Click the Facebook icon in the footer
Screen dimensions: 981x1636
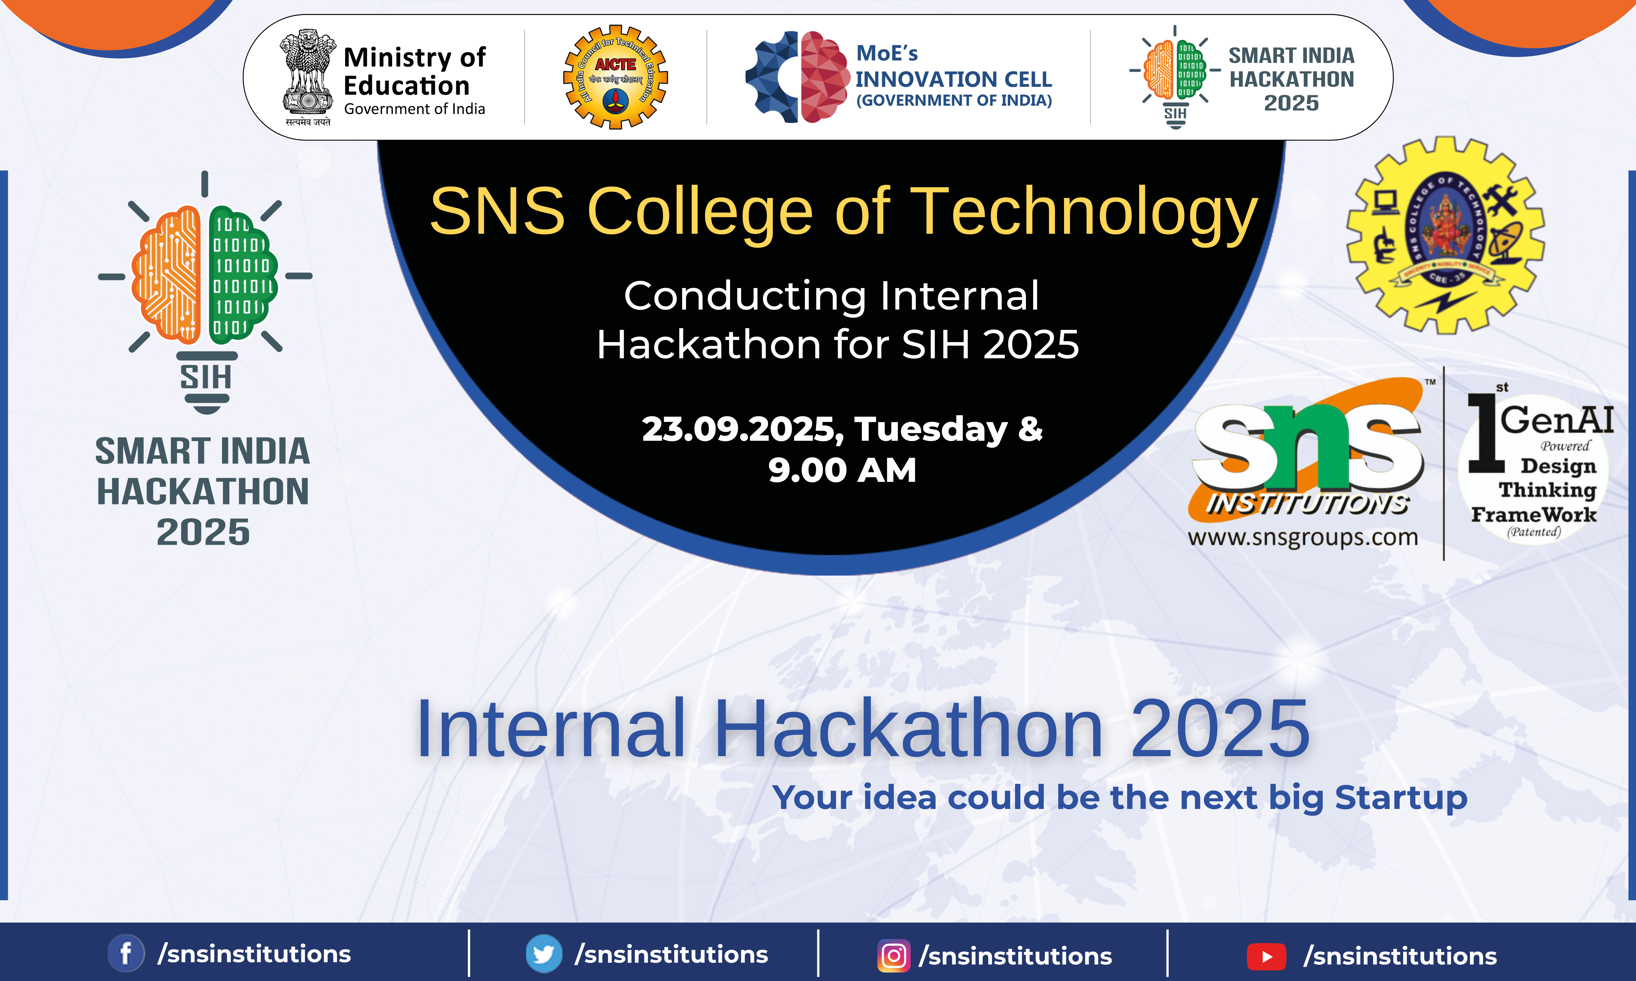pyautogui.click(x=126, y=953)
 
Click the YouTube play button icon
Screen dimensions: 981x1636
pyautogui.click(x=1266, y=956)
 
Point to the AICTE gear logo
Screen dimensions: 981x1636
pyautogui.click(x=615, y=77)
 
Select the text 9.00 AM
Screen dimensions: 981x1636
pyautogui.click(x=842, y=471)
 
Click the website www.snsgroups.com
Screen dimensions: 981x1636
pyautogui.click(x=1302, y=537)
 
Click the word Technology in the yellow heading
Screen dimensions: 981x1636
pyautogui.click(x=1084, y=212)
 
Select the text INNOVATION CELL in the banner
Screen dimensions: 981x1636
pyautogui.click(x=953, y=79)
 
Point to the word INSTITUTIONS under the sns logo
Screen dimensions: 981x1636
pyautogui.click(x=1307, y=504)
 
